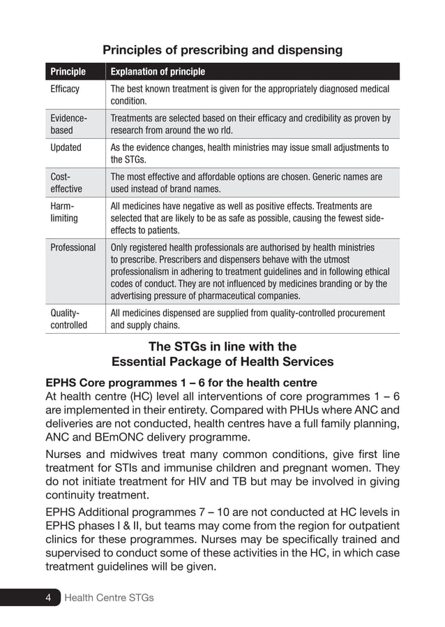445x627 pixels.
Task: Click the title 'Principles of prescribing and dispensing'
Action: pyautogui.click(x=222, y=50)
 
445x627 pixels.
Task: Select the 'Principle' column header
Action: pyautogui.click(x=68, y=71)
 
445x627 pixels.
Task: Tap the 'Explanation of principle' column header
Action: pyautogui.click(x=158, y=71)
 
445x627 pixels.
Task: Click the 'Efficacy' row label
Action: pyautogui.click(x=65, y=89)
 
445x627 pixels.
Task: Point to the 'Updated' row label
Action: pyautogui.click(x=66, y=147)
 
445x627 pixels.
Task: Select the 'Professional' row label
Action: pyautogui.click(x=73, y=247)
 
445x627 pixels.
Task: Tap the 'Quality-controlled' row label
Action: pyautogui.click(x=68, y=319)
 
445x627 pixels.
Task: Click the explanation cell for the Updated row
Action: pyautogui.click(x=250, y=153)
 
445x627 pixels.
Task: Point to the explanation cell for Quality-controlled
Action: pyautogui.click(x=248, y=319)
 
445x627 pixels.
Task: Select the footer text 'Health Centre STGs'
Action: pyautogui.click(x=109, y=598)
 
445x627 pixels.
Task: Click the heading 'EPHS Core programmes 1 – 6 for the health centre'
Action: pyautogui.click(x=181, y=383)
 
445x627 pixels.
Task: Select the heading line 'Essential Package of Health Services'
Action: pyautogui.click(x=222, y=362)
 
